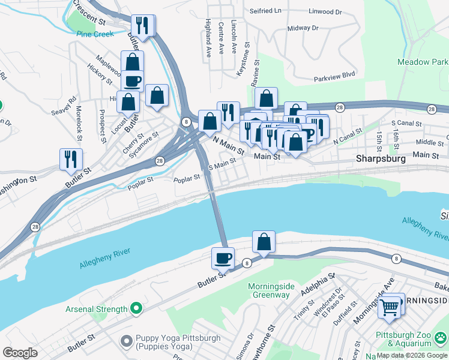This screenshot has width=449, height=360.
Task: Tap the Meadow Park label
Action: point(422,62)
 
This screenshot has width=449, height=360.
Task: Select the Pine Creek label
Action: point(95,34)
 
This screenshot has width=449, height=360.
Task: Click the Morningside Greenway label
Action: point(271,290)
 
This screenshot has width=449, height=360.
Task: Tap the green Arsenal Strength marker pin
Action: point(136,309)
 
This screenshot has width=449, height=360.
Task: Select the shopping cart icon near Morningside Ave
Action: point(390,308)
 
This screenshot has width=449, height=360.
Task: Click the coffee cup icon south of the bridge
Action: point(223,258)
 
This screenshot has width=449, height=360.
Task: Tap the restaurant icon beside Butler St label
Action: point(71,159)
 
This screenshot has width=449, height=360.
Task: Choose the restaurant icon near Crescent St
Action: point(142,25)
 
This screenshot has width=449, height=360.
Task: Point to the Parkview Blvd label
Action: point(335,76)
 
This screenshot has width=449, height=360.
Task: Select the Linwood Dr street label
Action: point(325,11)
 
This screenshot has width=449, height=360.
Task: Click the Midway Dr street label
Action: point(303,28)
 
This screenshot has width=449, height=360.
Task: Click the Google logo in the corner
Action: point(20,353)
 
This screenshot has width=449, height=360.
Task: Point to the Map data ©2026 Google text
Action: point(412,355)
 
